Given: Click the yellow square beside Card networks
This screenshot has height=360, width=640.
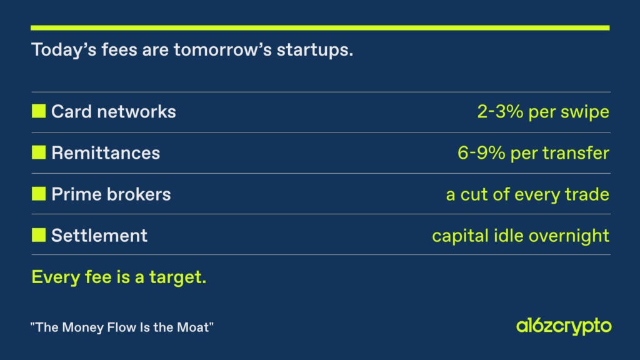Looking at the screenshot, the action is click(39, 111).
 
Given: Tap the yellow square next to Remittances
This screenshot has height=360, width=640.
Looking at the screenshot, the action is click(39, 152).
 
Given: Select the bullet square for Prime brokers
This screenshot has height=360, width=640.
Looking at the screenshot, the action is click(39, 194).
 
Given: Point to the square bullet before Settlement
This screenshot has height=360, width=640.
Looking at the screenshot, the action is click(39, 235).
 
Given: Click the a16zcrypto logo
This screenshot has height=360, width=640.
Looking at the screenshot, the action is click(564, 326).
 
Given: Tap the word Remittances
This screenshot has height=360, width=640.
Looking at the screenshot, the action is click(106, 153).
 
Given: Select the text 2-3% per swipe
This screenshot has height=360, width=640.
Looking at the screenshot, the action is click(543, 112).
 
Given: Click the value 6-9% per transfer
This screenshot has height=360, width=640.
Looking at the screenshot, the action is click(533, 153).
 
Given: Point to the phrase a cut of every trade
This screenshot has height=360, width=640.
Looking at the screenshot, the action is click(527, 194).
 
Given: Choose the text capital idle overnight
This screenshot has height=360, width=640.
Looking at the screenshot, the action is click(521, 236).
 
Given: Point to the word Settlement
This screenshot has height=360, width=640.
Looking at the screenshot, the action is click(99, 236).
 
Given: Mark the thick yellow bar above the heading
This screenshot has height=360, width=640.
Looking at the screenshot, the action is click(320, 27).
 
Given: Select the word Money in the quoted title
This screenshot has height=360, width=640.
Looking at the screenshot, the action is click(82, 327).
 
